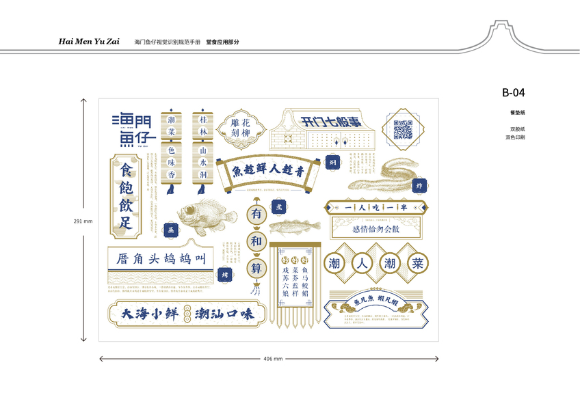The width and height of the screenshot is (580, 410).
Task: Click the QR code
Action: (404, 128)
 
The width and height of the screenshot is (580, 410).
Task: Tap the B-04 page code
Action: (513, 93)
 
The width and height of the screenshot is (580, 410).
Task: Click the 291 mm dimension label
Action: (83, 221)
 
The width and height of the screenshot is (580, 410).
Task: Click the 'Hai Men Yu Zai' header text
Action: (89, 42)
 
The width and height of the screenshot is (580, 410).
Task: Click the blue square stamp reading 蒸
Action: (171, 230)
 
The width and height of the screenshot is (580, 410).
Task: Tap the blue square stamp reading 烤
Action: (224, 274)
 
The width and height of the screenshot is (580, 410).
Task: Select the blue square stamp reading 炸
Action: (419, 185)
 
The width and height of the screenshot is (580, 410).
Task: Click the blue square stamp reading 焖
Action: (332, 163)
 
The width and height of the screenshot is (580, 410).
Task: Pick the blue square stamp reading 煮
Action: (278, 205)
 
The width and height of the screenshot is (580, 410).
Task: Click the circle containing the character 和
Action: (256, 241)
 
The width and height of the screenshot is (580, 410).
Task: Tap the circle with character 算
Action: (256, 268)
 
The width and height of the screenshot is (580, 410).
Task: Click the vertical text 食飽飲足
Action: (126, 195)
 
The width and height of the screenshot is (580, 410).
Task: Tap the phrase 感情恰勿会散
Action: (375, 230)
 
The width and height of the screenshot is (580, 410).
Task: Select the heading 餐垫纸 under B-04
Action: (516, 112)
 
